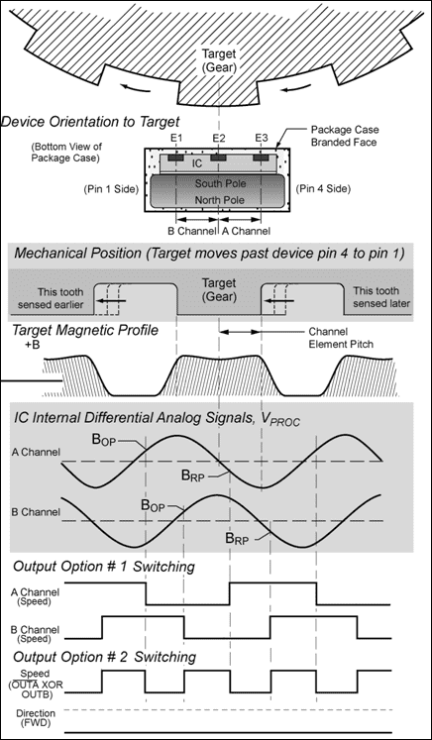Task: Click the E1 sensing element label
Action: pos(175,139)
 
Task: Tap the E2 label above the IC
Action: pos(219,139)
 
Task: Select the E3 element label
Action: pos(262,139)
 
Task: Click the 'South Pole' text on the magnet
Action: pos(221,183)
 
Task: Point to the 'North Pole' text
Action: pos(220,200)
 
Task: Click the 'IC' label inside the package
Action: pos(198,163)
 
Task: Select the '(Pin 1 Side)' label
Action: pos(109,190)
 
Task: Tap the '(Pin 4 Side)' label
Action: pos(323,189)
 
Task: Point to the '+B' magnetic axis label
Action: pos(32,346)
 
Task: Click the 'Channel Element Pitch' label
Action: pos(341,338)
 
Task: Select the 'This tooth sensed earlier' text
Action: pos(54,298)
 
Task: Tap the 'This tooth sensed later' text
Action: pos(381,297)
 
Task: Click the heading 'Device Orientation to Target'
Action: pos(90,122)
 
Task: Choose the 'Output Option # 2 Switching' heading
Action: pos(104,657)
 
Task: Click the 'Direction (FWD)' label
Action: pos(36,718)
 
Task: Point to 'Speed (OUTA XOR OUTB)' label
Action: pos(33,684)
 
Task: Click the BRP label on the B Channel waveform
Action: pos(236,538)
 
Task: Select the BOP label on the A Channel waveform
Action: pos(104,442)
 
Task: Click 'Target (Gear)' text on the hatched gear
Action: pos(219,60)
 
